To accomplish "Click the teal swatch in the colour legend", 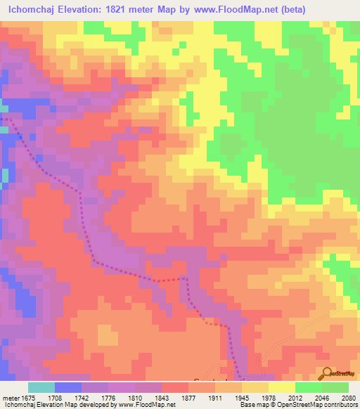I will coord(41,387).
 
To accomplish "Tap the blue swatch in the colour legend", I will coord(68,387).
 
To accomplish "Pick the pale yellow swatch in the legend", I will coord(282,387).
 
